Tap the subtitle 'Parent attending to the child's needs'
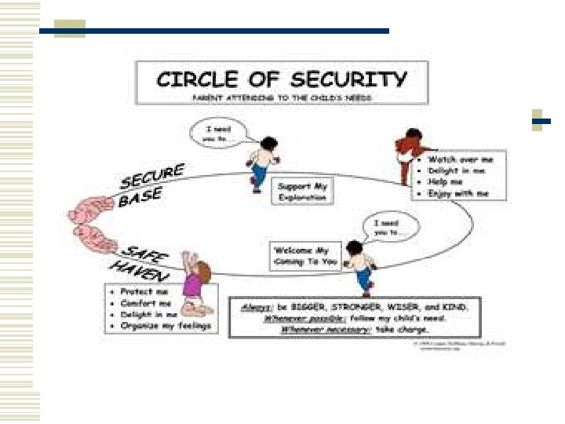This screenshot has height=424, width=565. pos(282,97)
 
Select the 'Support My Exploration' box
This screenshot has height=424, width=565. pos(301,192)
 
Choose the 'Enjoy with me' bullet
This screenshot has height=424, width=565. pos(459,193)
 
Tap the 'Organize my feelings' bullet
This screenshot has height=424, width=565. pos(162,325)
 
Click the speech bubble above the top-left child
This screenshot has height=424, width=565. pos(217,133)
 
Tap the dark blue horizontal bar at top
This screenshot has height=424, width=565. pos(235,31)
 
